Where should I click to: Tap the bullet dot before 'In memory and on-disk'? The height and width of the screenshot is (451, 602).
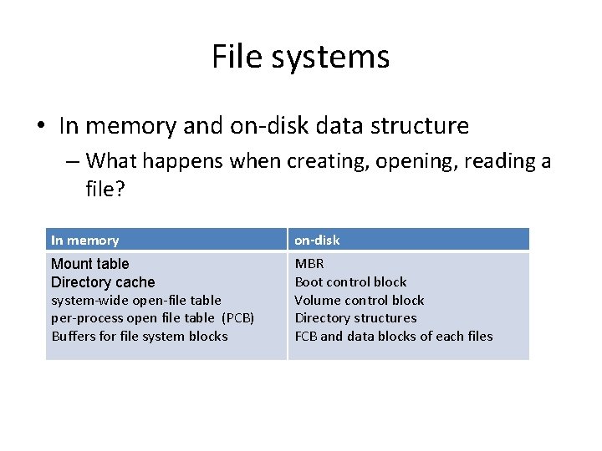[40, 127]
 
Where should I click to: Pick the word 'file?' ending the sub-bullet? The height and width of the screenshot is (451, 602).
[105, 190]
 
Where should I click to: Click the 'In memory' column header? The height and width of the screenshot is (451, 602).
[84, 241]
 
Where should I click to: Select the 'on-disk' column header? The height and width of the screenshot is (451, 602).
[317, 241]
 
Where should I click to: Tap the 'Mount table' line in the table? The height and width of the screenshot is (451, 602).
[90, 264]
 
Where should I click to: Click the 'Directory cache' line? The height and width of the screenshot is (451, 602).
[103, 282]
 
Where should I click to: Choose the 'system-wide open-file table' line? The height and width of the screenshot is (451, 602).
[136, 300]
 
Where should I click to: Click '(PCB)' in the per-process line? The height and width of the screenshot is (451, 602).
[238, 318]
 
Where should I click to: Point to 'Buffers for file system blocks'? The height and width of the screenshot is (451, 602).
[140, 336]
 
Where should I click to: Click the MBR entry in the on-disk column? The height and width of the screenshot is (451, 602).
[309, 264]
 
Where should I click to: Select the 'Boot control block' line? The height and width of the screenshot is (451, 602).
[350, 282]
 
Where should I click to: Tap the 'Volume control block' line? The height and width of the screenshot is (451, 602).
[360, 300]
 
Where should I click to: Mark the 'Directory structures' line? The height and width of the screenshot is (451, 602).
[355, 318]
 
